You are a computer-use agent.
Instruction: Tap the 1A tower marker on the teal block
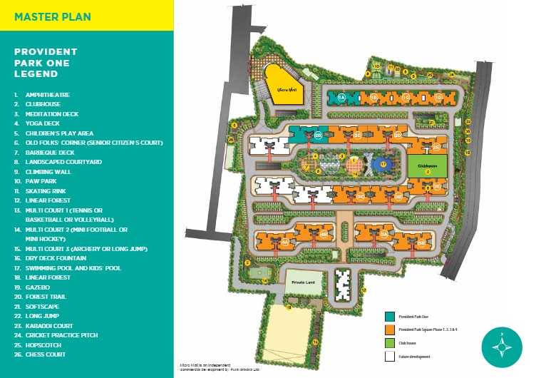(x=341, y=97)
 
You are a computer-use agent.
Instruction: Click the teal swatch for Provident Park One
(x=390, y=317)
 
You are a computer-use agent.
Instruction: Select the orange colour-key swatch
(x=390, y=330)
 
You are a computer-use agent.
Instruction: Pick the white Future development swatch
(x=390, y=355)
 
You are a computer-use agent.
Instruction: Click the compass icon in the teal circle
(x=502, y=345)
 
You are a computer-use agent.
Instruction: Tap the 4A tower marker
(x=285, y=242)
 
